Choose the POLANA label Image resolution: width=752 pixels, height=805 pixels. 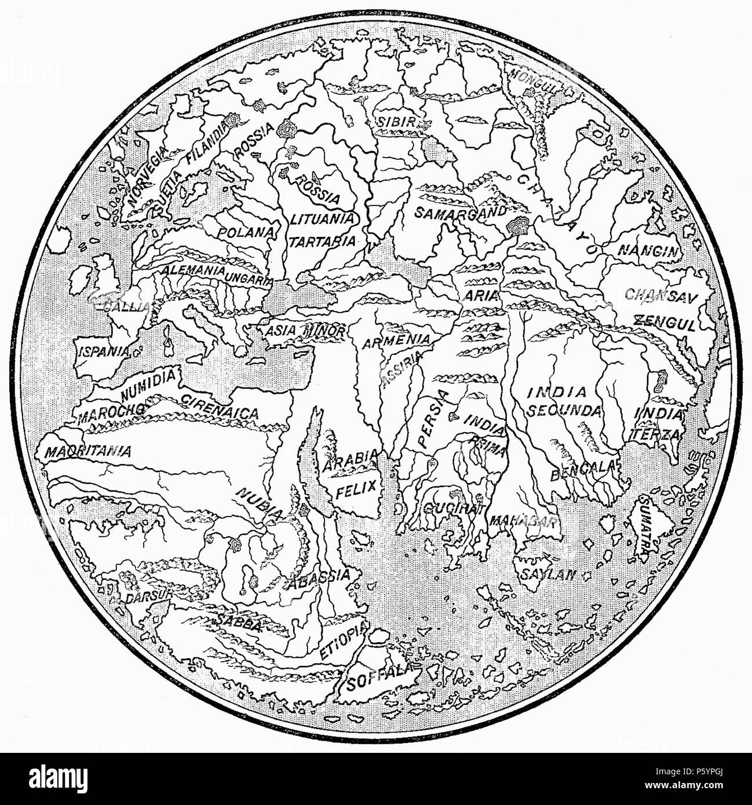click(x=245, y=232)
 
